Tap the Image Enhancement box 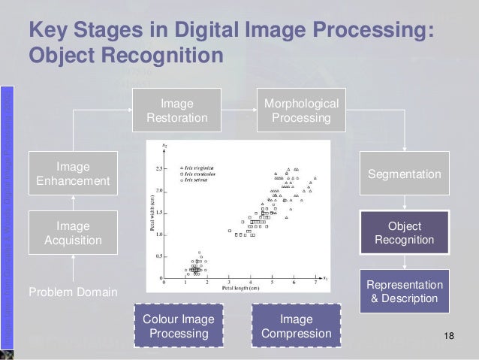click(73, 174)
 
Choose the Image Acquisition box click(73, 233)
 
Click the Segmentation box click(404, 174)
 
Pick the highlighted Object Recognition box click(404, 233)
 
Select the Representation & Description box click(404, 292)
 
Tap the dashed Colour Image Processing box click(177, 326)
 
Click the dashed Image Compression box click(296, 326)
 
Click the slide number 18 click(450, 334)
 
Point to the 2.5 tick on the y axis click(161, 168)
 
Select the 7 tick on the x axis click(315, 283)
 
